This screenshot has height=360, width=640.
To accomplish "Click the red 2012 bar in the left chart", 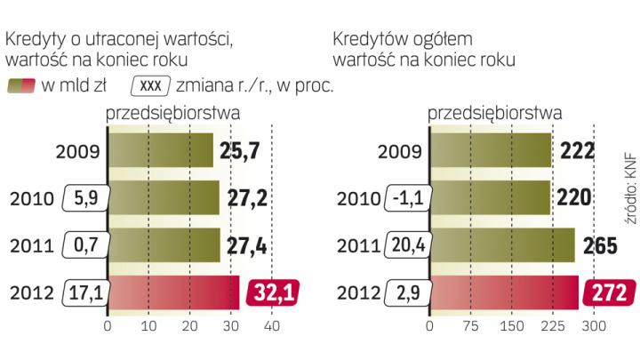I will point(173,292).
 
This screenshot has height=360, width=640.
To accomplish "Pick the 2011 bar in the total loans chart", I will point(500,245).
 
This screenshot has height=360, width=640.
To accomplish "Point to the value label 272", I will point(609,292).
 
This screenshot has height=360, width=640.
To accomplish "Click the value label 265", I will point(601,245).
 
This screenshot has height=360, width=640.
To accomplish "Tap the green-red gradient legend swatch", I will point(21,86).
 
